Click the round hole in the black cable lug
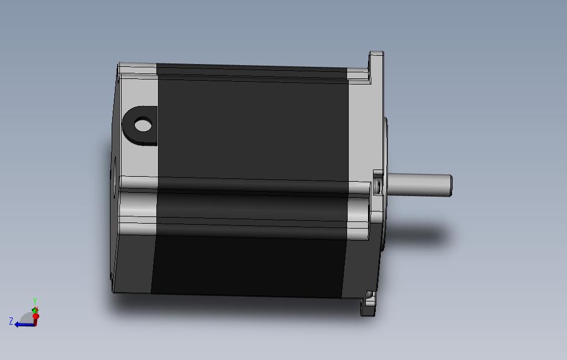point(143,124)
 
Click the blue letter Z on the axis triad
point(11,321)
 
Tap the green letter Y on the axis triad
point(34,300)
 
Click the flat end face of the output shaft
point(450,186)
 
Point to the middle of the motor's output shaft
point(420,185)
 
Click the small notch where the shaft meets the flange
point(378,185)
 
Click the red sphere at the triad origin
point(35,316)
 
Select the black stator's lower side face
point(249,265)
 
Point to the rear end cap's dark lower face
point(133,262)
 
